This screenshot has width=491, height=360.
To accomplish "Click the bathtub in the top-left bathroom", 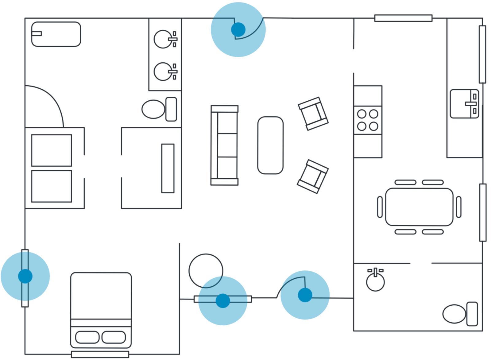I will point(56,34).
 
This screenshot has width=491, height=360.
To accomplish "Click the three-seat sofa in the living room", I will point(224,145).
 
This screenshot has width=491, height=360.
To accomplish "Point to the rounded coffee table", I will point(270,145).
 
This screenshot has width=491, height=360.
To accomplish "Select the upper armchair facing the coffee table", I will point(313,114).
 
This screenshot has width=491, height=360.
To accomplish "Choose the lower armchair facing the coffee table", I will point(312,176).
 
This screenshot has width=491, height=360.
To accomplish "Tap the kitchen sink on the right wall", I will point(464,104).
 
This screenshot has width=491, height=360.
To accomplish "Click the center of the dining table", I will point(419,207).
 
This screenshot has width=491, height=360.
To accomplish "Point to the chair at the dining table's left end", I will point(380,207).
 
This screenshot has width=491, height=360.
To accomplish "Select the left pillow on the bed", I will point(87,337).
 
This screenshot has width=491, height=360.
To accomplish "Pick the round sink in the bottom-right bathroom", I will point(375,282).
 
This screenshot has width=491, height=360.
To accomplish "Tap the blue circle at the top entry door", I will point(238,29).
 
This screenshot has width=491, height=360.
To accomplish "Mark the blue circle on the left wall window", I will point(25,276).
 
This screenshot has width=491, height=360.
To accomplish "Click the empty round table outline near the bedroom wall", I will point(206,270).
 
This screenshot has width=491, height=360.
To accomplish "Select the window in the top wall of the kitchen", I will point(403,18).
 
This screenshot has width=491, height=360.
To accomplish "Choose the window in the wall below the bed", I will point(100,354).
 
